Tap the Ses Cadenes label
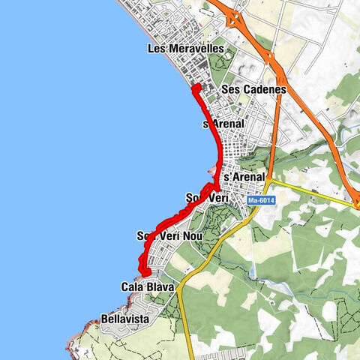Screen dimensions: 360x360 click(254, 89)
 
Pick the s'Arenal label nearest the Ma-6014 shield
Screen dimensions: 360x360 click(244, 176)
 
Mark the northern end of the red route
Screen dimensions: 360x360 click(195, 88)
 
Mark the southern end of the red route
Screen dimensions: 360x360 click(147, 272)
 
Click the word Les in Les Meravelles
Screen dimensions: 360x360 click(157, 49)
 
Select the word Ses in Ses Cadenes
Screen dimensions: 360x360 click(230, 89)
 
